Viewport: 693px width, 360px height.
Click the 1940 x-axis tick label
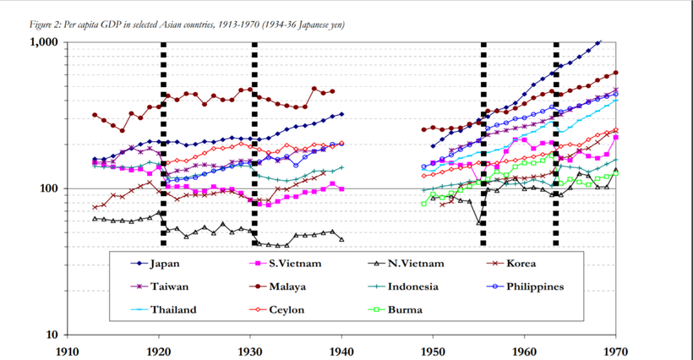pyautogui.click(x=341, y=349)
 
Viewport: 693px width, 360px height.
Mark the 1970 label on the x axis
pyautogui.click(x=616, y=349)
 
